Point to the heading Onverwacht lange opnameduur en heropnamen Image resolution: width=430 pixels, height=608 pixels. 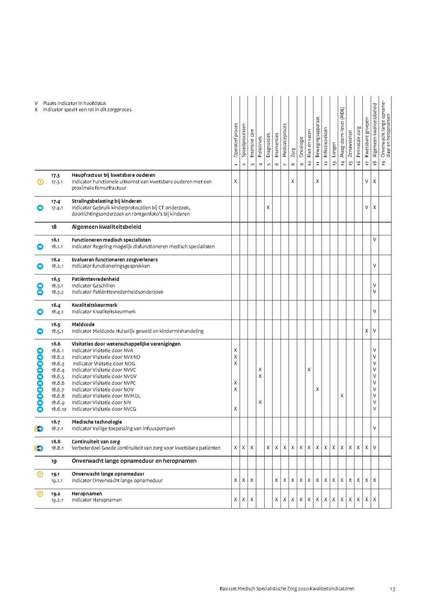tap(134, 461)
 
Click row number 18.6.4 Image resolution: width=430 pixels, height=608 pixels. tap(57, 370)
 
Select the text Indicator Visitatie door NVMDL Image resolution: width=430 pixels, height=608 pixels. tap(106, 396)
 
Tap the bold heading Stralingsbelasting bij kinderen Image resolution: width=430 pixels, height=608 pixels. tap(107, 201)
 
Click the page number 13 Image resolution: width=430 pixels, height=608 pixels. tap(392, 589)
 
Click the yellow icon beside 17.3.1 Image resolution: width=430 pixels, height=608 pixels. tap(40, 182)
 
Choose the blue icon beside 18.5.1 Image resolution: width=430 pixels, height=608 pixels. tap(40, 331)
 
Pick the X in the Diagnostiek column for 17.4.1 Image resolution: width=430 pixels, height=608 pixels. tap(269, 207)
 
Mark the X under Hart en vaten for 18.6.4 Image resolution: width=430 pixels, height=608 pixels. tap(309, 370)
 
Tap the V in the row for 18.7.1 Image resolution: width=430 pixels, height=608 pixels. tap(375, 428)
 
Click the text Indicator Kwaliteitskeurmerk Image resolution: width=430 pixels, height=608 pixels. tap(104, 312)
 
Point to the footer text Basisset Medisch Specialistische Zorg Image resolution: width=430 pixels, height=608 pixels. tap(284, 589)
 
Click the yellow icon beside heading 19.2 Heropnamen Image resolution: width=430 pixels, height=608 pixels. tap(40, 493)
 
